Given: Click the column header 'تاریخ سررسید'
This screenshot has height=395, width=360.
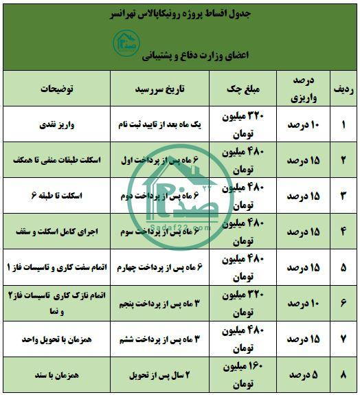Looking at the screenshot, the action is [x=168, y=89].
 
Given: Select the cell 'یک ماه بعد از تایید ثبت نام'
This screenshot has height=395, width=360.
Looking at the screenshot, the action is [x=168, y=124].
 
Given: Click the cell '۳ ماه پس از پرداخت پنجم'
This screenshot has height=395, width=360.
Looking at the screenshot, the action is [x=168, y=304].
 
